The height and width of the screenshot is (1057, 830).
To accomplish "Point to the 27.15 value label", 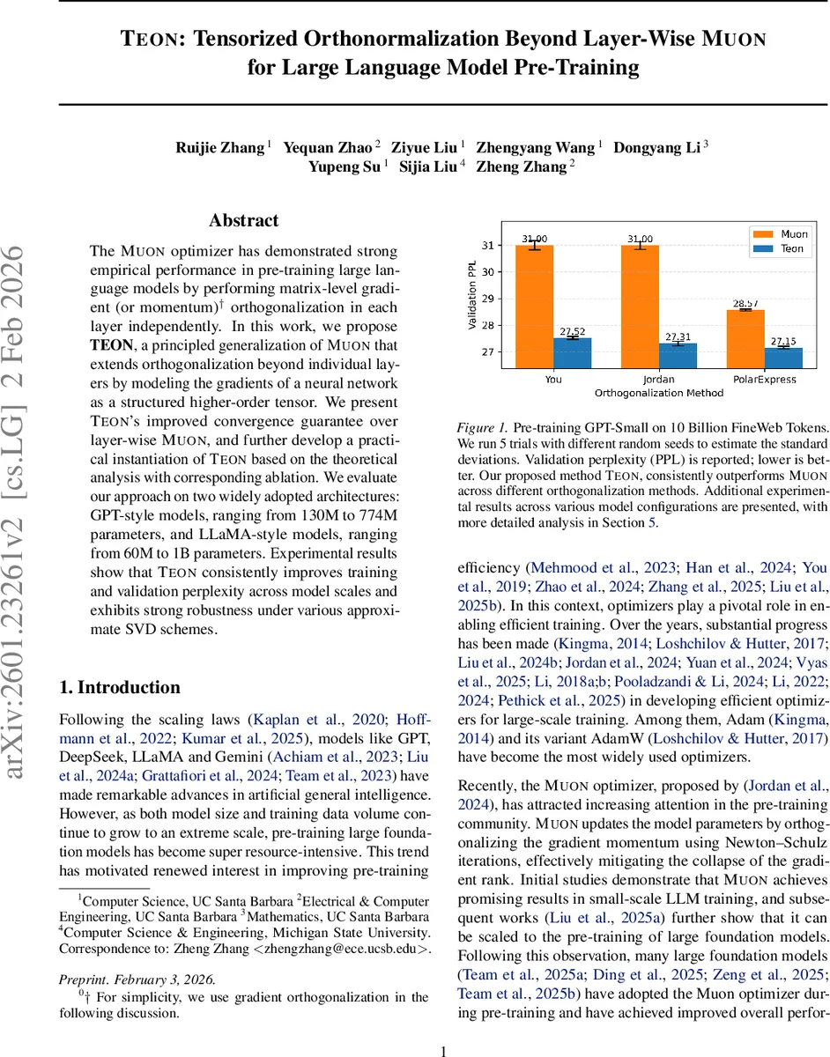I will coord(782,341).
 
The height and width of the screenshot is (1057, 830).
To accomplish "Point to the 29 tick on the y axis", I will coord(488,299).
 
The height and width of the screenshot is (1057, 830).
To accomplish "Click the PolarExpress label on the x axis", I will coord(763,380).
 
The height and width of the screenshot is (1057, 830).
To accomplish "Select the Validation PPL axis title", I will coord(472,294).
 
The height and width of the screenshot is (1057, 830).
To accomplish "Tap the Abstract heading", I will coord(243,221).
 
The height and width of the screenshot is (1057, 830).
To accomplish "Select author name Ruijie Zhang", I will coord(220,147).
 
